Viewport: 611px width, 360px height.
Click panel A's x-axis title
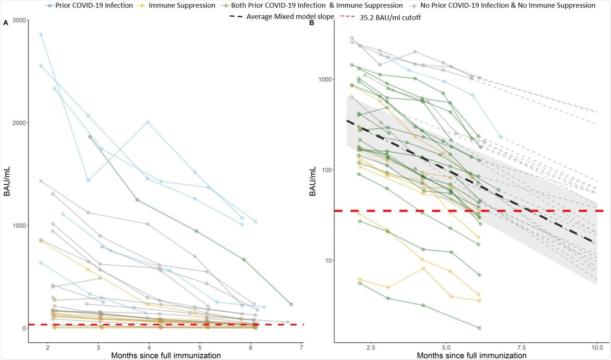(166, 355)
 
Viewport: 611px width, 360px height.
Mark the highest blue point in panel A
(41, 34)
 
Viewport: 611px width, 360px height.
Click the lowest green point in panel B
(479, 328)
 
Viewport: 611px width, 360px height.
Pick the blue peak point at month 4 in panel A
(147, 122)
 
